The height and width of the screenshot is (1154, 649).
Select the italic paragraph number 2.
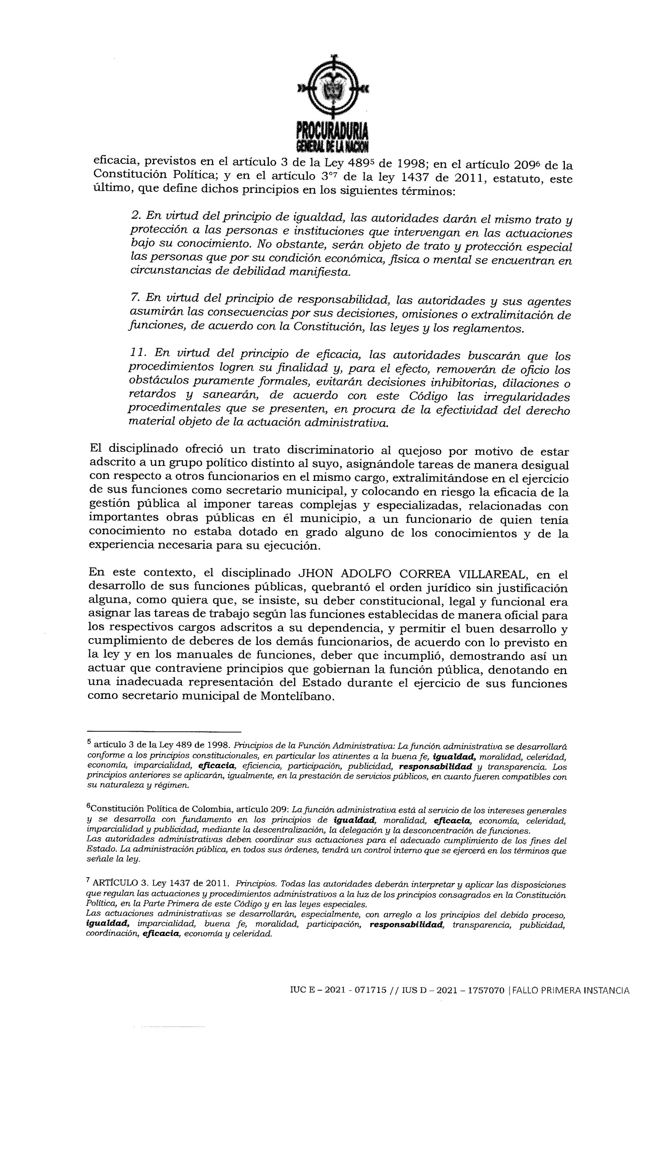point(136,215)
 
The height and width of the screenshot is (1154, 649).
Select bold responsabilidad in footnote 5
point(435,767)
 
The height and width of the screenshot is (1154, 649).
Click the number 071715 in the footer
point(370,991)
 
